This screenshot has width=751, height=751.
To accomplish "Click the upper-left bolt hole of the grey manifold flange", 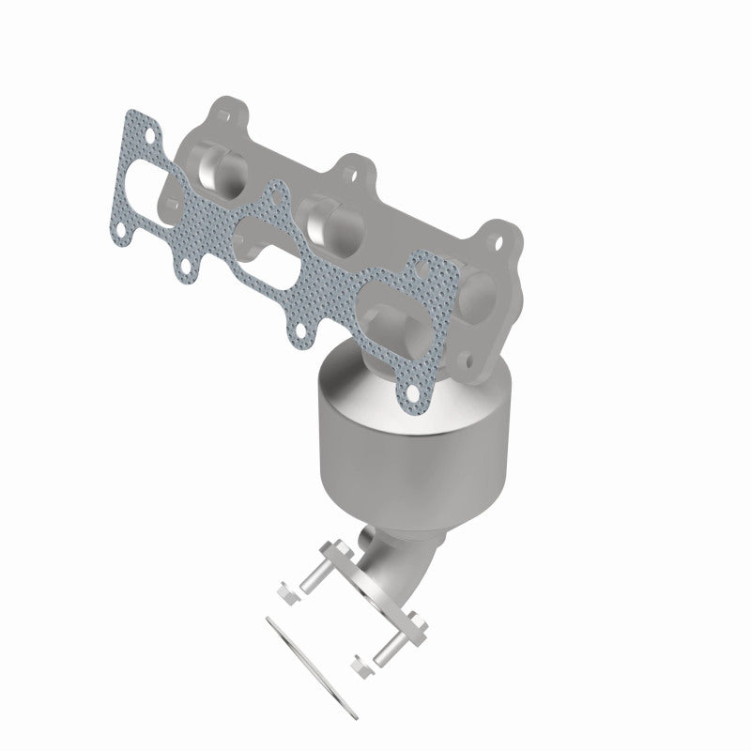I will [222, 112].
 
